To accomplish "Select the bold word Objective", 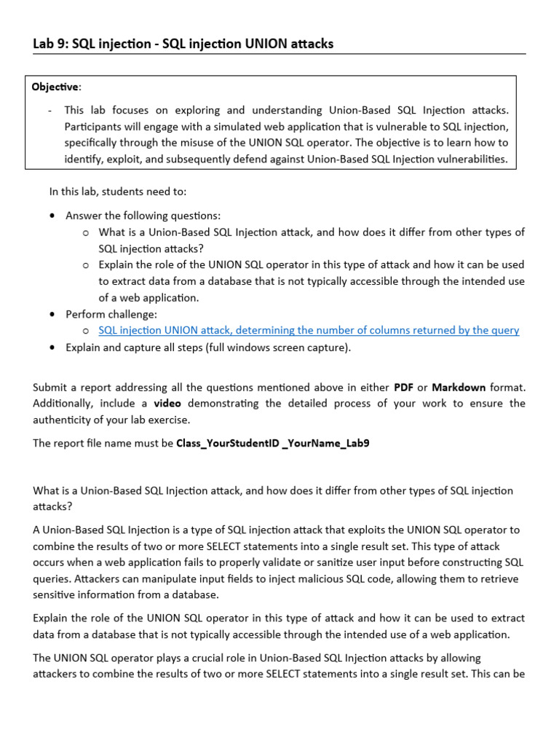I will point(55,87).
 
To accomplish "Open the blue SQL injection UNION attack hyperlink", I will point(309,330).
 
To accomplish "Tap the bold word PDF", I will point(404,387).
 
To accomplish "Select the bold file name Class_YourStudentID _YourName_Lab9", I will point(272,442).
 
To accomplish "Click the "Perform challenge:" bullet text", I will point(111,314).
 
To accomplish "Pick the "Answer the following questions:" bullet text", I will point(143,216).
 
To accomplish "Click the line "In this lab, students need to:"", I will point(118,192).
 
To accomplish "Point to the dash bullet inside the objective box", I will point(49,110).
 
